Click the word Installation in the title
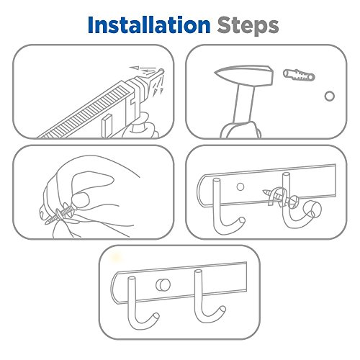pyautogui.click(x=149, y=25)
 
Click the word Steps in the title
pyautogui.click(x=248, y=26)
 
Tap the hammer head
pyautogui.click(x=244, y=75)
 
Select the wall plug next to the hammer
pyautogui.click(x=299, y=75)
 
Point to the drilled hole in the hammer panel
pyautogui.click(x=330, y=96)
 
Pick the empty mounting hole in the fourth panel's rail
pyautogui.click(x=240, y=186)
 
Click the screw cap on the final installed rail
pyautogui.click(x=163, y=284)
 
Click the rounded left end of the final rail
pyautogui.click(x=114, y=288)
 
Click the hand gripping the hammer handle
pyautogui.click(x=241, y=131)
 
